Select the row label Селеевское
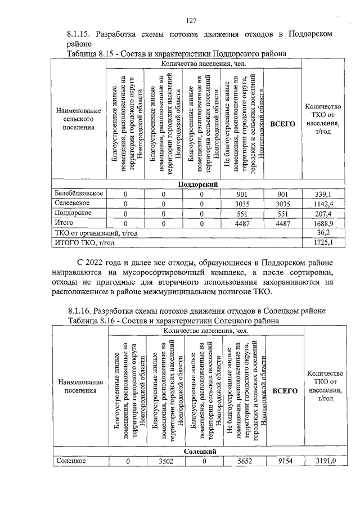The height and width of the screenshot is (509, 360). click(74, 203)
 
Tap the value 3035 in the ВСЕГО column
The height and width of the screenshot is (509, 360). click(282, 204)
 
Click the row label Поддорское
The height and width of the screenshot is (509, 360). click(74, 213)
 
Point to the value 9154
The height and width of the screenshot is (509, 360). click(284, 461)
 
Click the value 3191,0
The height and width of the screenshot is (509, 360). click(325, 461)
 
